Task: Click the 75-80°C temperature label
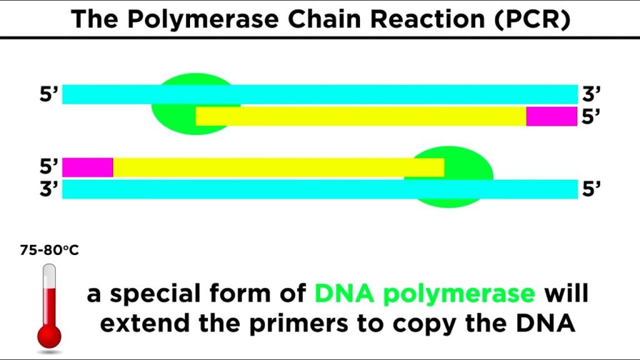coord(49,251)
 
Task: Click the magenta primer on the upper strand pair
coord(551,116)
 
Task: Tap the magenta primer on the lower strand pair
coord(87,167)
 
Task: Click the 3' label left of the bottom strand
coord(49,189)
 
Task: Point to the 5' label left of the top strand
coord(49,95)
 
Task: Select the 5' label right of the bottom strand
coord(591,189)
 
